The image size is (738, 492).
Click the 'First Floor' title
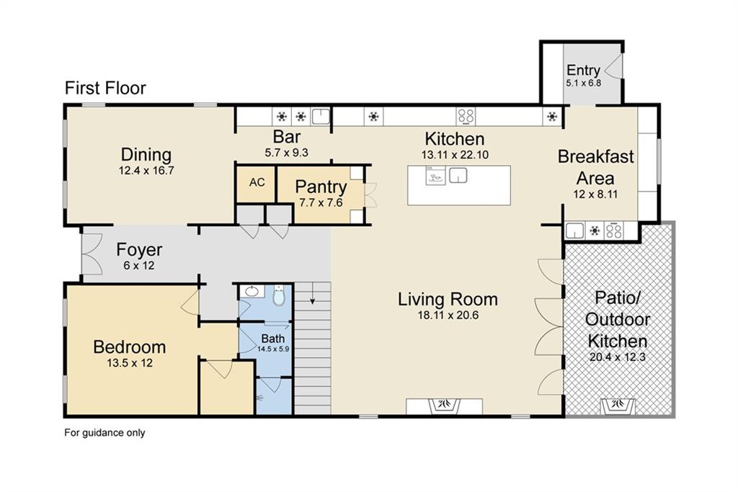pos(105,88)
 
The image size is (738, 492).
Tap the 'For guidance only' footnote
pos(105,433)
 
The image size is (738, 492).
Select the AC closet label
pos(257,182)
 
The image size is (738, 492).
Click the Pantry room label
pos(321,187)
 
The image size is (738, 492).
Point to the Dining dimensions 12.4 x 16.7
pos(146,170)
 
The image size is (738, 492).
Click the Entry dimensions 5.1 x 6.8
pos(584,83)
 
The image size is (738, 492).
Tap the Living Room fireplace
pos(444,406)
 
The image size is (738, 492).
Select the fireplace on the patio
pos(618,406)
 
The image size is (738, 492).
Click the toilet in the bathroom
pos(279,295)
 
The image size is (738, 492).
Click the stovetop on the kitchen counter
pos(466,116)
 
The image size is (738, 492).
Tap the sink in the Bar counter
pos(321,116)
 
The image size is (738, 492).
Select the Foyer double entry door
pos(91,254)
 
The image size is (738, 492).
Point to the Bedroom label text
pos(130,347)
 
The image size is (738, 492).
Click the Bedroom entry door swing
pos(190,302)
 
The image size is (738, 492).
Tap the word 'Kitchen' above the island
pos(454,139)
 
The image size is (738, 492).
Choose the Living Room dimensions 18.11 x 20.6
pos(448,315)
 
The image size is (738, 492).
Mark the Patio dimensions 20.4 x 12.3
pos(618,357)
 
